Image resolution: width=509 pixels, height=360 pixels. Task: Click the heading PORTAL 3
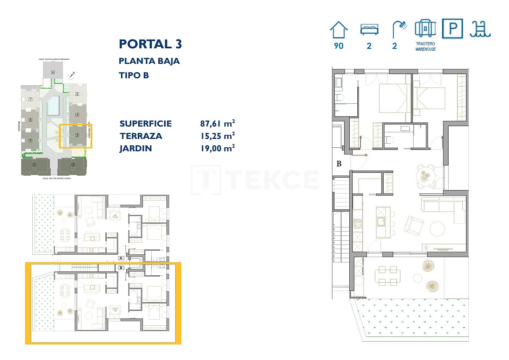(151, 44)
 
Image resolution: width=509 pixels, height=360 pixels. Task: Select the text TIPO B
(134, 75)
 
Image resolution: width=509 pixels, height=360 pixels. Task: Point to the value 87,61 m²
(217, 123)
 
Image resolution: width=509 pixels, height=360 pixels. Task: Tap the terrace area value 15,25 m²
(217, 136)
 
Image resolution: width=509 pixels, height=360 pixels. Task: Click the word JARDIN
(136, 148)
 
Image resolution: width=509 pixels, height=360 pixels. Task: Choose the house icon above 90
(339, 30)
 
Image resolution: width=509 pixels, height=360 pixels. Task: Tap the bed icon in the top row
(369, 30)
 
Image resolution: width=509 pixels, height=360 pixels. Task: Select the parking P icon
(453, 29)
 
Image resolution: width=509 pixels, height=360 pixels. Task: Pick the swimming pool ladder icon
(480, 29)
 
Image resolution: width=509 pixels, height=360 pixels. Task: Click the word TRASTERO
(425, 44)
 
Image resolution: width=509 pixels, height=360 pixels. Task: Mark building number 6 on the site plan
(53, 72)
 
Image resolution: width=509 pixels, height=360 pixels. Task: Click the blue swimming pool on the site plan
(53, 106)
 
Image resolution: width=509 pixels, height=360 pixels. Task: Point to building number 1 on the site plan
(35, 164)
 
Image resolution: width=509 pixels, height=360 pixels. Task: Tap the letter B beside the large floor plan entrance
(339, 164)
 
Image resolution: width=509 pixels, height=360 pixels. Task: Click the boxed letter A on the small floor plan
(121, 258)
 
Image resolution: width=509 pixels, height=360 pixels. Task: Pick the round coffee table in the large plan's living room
(437, 229)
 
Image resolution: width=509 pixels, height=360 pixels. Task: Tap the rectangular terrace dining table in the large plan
(387, 275)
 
